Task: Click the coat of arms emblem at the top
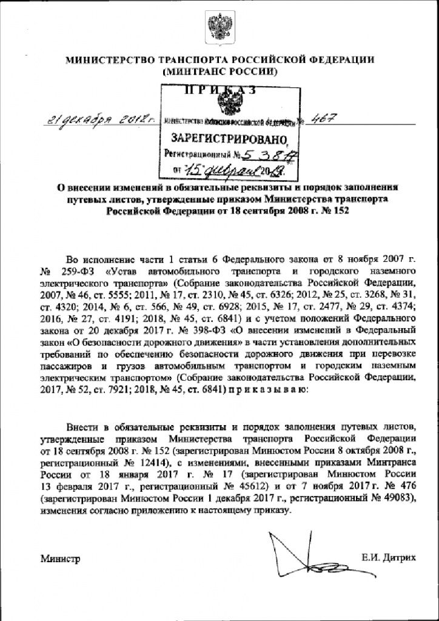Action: point(219,28)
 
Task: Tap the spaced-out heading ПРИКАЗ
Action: point(219,91)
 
